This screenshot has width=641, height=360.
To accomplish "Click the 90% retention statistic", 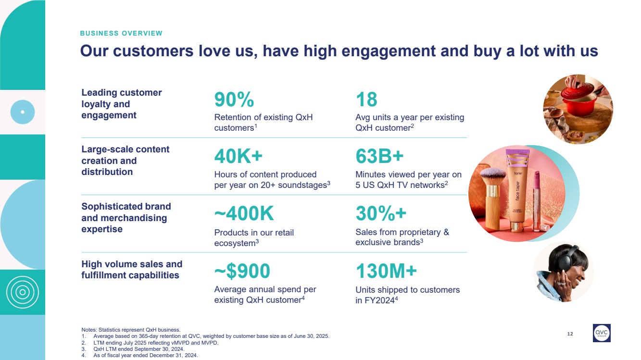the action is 234,99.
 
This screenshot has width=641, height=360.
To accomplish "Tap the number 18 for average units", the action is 366,99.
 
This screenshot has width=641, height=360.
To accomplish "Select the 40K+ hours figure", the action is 239,156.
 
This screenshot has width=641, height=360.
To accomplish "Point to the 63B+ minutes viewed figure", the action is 379,156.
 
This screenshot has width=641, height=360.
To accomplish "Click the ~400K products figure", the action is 244,213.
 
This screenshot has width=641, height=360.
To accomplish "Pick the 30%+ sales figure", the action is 381,213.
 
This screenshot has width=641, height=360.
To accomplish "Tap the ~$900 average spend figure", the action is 242,271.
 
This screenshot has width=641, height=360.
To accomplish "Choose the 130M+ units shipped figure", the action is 386,271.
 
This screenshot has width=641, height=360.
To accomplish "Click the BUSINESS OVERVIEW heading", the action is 121,33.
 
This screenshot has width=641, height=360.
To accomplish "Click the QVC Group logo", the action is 602,333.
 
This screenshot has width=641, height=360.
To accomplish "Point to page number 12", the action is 570,334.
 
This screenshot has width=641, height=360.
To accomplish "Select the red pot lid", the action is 576,93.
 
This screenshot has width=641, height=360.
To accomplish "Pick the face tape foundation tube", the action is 518,189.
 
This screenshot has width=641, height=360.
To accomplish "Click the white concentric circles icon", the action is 22,292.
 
